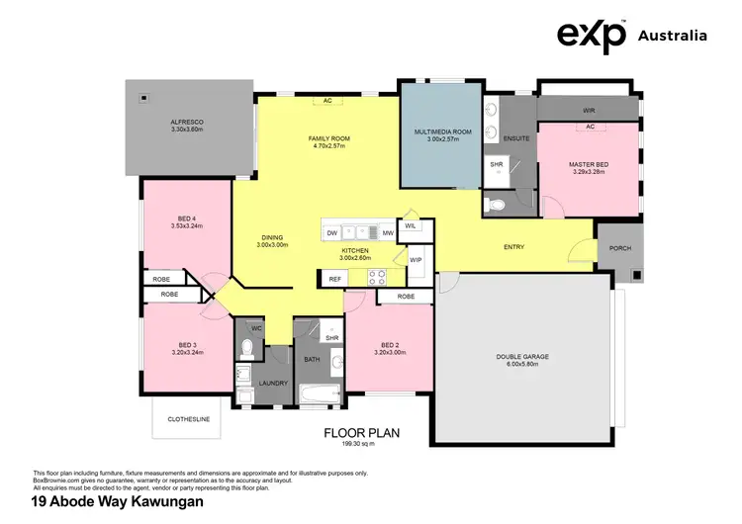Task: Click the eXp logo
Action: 592,36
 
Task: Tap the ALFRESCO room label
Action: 186,124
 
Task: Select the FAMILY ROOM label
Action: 328,138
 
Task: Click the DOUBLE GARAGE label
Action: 521,357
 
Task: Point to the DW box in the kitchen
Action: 332,232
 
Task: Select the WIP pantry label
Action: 416,260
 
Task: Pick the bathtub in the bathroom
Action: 321,395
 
